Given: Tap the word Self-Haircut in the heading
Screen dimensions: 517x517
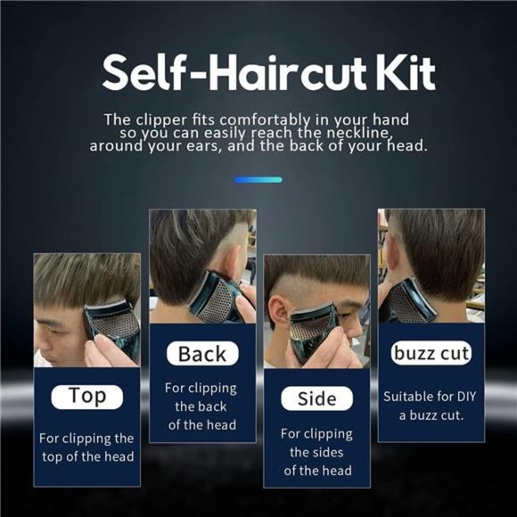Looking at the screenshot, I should [229, 74].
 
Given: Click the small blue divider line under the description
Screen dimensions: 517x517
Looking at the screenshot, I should [258, 179].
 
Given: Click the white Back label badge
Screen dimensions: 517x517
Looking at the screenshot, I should [202, 353].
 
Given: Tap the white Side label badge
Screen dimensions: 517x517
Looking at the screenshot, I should [316, 398].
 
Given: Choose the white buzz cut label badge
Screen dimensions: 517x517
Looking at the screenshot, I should [431, 353].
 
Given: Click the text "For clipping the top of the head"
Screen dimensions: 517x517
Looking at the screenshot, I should [87, 447].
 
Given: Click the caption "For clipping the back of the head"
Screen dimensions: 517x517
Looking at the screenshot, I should [202, 406].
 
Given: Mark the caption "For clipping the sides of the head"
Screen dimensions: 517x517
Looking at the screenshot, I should [316, 452].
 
